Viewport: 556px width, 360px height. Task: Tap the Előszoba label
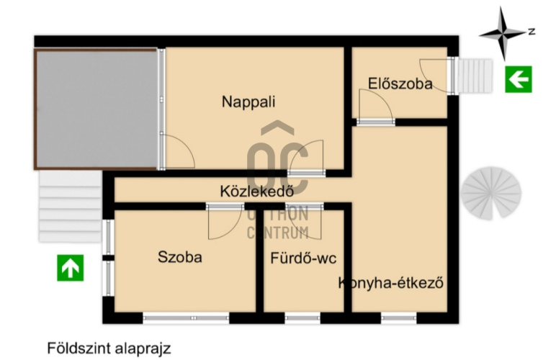(x=400, y=84)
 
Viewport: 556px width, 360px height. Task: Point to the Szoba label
(x=180, y=257)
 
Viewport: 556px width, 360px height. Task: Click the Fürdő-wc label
(x=304, y=257)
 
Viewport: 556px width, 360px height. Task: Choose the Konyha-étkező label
(x=390, y=283)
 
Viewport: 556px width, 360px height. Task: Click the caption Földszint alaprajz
(x=109, y=348)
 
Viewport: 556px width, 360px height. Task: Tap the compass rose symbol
(x=502, y=32)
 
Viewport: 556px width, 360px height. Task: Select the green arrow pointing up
(x=71, y=268)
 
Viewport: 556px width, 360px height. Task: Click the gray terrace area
(x=95, y=108)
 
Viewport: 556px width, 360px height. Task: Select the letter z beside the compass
(x=531, y=31)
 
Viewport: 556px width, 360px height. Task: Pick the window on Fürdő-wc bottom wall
(x=302, y=317)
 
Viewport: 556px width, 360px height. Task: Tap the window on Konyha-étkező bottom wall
(x=397, y=317)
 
